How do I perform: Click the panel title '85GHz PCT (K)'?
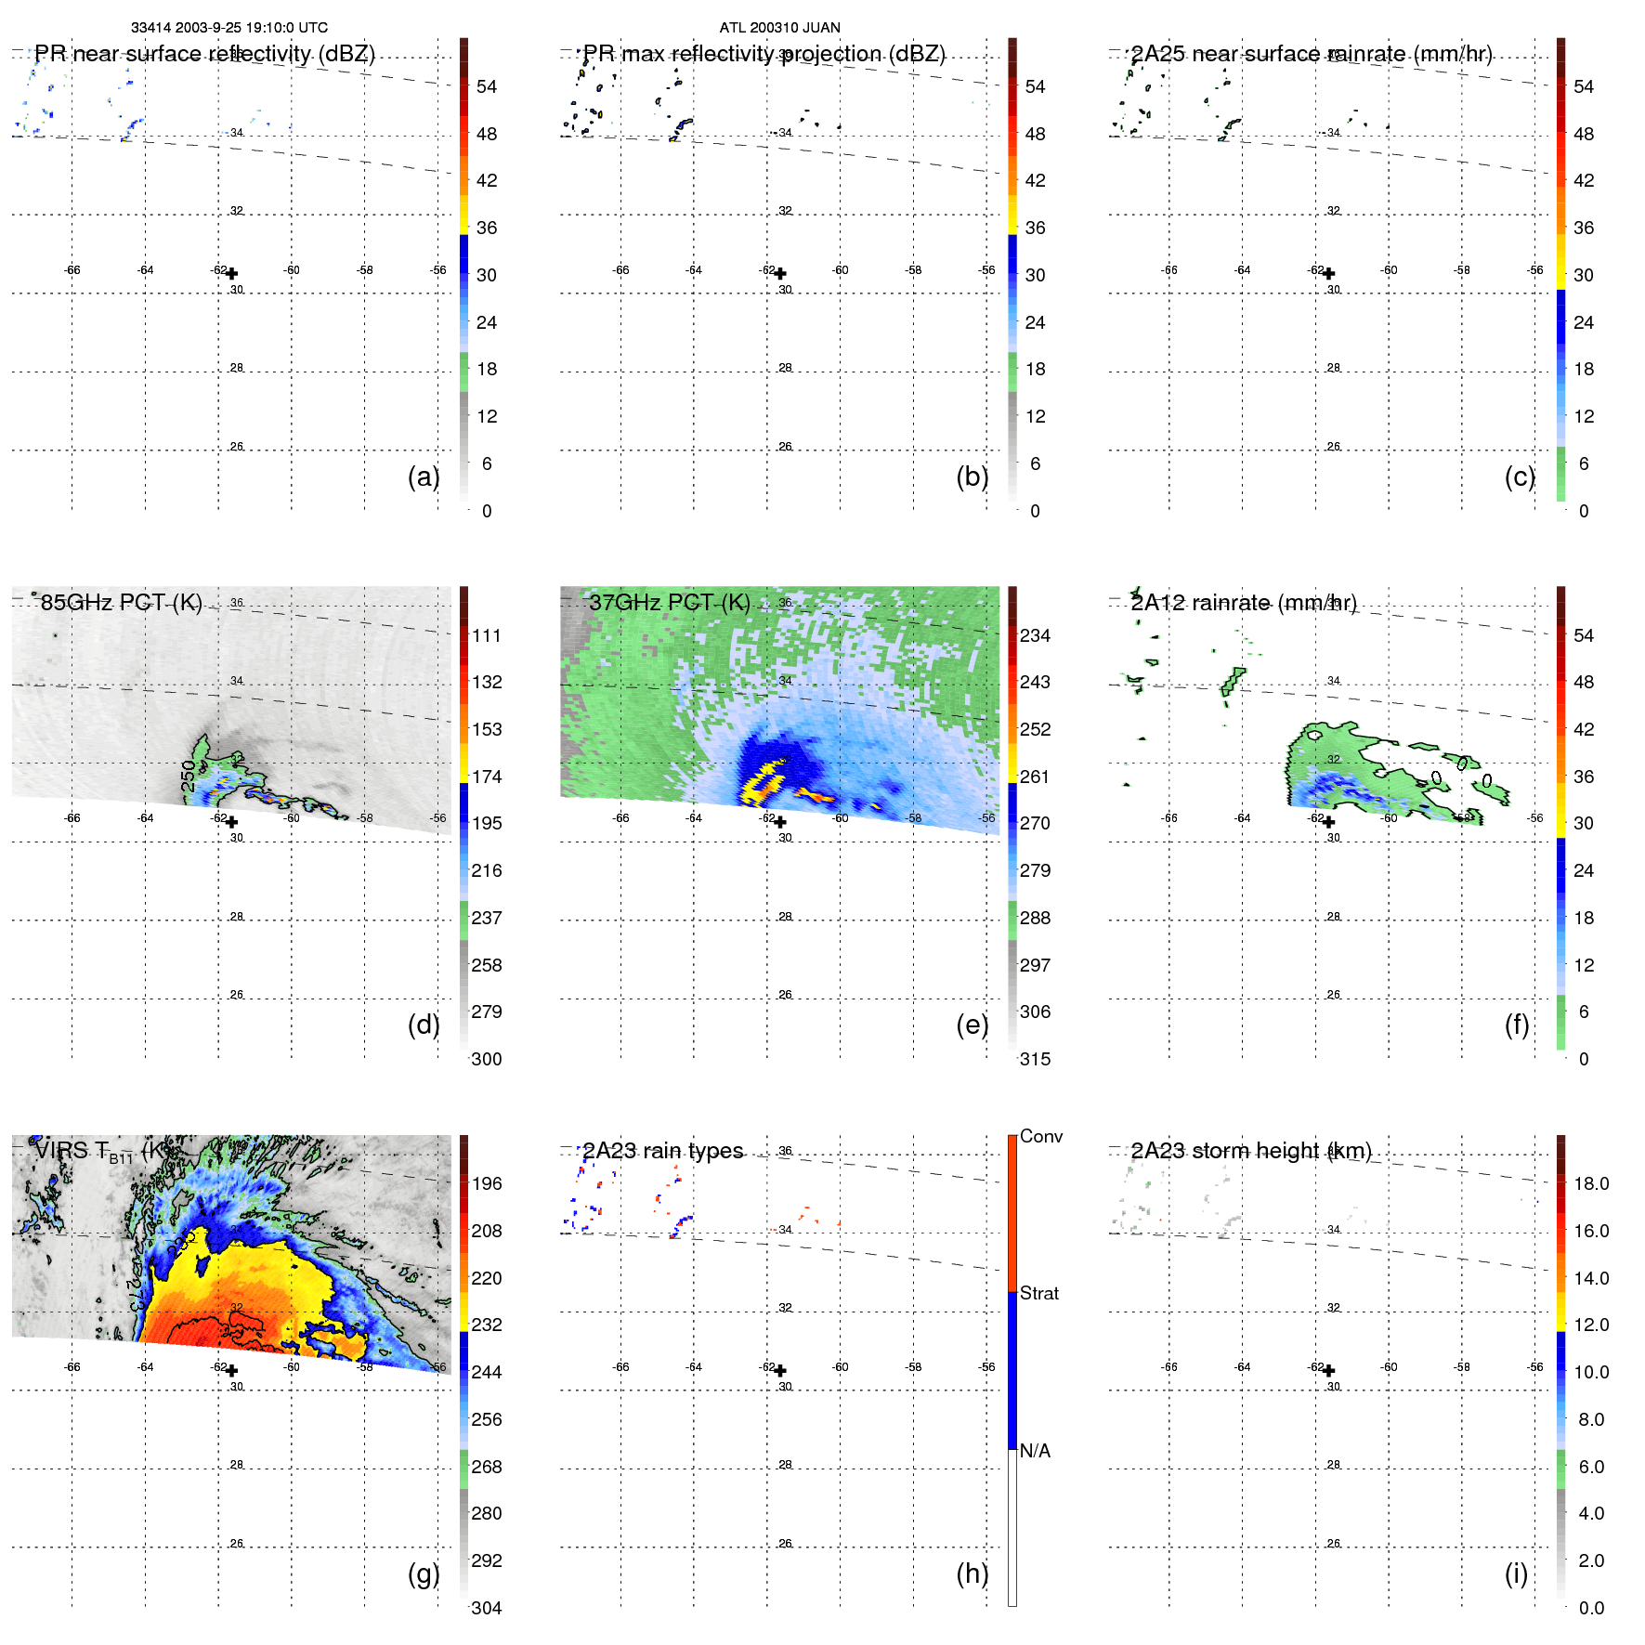pyautogui.click(x=121, y=602)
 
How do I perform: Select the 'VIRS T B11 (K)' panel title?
pyautogui.click(x=102, y=1151)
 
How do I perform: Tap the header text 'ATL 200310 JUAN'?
pyautogui.click(x=779, y=28)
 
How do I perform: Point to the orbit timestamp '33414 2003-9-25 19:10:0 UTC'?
pyautogui.click(x=228, y=28)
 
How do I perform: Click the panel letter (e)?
pyautogui.click(x=972, y=1025)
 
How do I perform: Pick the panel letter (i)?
pyautogui.click(x=1516, y=1573)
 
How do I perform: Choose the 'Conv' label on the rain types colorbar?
pyautogui.click(x=1040, y=1136)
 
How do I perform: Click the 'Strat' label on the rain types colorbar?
pyautogui.click(x=1038, y=1293)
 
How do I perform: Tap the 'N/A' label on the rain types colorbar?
pyautogui.click(x=1035, y=1451)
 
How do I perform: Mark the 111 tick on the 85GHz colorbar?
pyautogui.click(x=487, y=635)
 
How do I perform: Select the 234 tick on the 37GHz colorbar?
pyautogui.click(x=1035, y=635)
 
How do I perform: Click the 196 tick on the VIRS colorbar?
pyautogui.click(x=487, y=1183)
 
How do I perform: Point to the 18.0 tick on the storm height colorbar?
pyautogui.click(x=1590, y=1183)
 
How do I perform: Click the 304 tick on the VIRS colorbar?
pyautogui.click(x=487, y=1608)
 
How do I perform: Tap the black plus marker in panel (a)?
pyautogui.click(x=231, y=273)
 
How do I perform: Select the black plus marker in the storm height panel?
pyautogui.click(x=1328, y=1370)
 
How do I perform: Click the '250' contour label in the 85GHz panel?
pyautogui.click(x=189, y=776)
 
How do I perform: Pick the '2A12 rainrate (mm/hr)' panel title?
pyautogui.click(x=1243, y=602)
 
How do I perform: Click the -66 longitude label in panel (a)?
pyautogui.click(x=72, y=270)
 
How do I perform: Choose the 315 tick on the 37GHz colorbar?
pyautogui.click(x=1035, y=1059)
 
